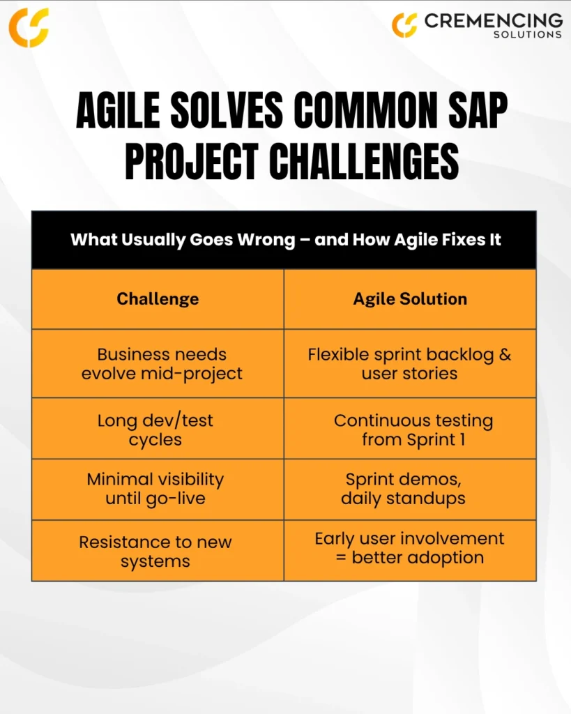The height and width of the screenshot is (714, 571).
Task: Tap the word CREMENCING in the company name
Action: coord(493,20)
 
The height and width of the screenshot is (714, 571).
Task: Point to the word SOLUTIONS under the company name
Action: coord(528,35)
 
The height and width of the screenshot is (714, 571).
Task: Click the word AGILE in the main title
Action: coord(118,110)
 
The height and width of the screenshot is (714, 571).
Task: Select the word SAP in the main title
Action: coord(478,110)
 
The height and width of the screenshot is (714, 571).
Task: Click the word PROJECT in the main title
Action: coord(192,161)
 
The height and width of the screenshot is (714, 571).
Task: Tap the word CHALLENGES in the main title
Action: coord(364,161)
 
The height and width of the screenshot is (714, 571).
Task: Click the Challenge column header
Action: coord(158,298)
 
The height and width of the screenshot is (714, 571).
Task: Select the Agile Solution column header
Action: coord(410,298)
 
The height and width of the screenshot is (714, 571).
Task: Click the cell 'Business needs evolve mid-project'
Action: coord(158,363)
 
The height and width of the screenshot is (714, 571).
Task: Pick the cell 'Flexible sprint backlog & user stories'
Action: coord(410,363)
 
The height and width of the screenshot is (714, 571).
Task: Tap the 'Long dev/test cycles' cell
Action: coord(158,429)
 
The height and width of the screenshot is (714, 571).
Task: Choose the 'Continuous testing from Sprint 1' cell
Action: coord(410,429)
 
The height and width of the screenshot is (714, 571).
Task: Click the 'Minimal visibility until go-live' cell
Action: coord(158,489)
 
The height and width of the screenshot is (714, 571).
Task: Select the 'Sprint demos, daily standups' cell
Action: coord(410,489)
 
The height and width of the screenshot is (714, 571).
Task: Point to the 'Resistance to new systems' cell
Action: coord(158,551)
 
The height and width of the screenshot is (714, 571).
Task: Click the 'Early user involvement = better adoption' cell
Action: coord(410,551)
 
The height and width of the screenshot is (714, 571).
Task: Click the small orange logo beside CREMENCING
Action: coord(404,26)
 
